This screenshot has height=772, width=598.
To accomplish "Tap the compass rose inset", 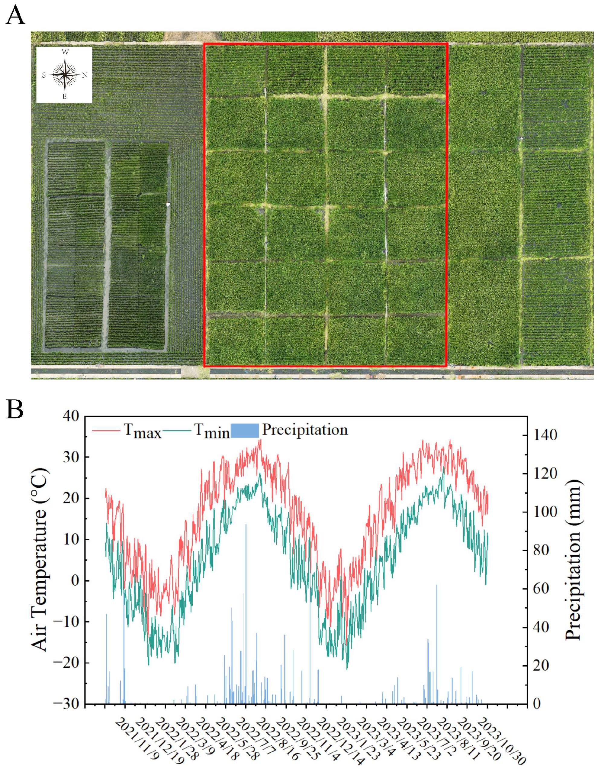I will [x=64, y=75].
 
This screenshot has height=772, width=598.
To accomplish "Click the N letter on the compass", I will [x=85, y=75].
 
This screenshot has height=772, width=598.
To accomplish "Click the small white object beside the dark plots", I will [x=169, y=204].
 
